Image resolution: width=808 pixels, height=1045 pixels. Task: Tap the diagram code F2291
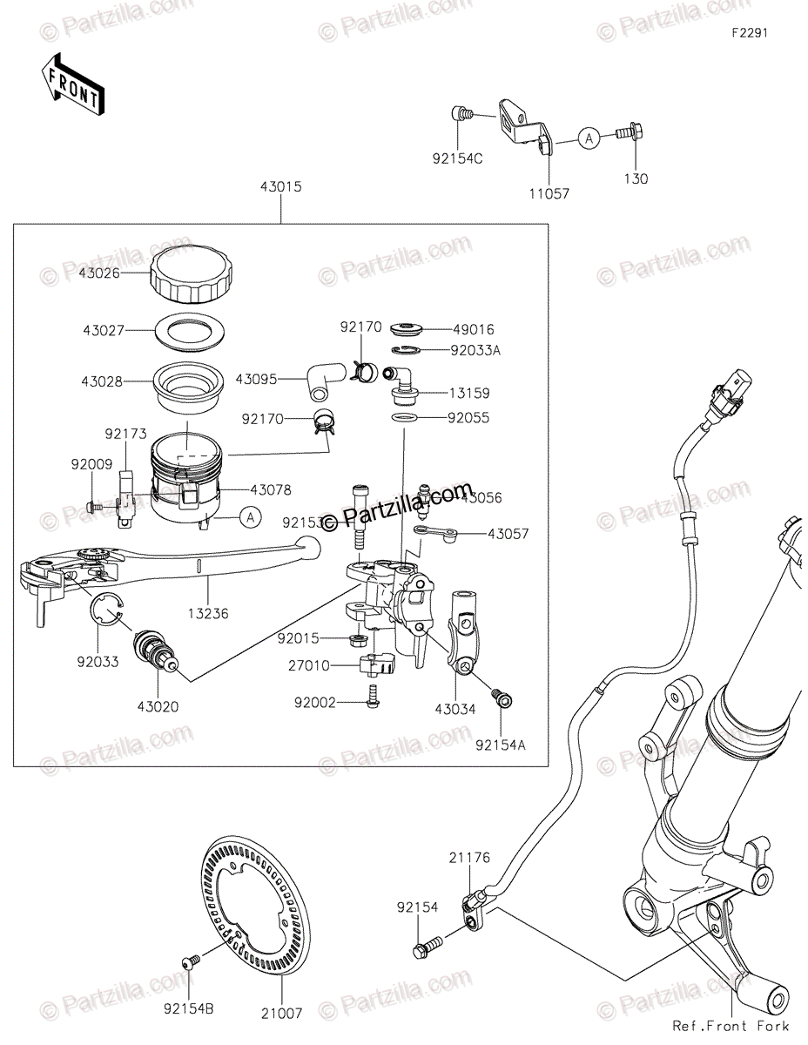coord(749,34)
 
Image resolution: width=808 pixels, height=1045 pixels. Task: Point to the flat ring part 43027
coord(190,331)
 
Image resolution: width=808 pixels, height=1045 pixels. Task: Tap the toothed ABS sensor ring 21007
coord(252,906)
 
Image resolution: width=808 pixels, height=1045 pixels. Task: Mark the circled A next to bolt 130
coord(589,138)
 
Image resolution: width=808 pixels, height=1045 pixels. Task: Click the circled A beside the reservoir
coord(250,517)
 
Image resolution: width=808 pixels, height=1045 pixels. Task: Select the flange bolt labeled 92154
coord(427,944)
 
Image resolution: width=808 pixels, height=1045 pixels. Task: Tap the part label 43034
coord(454,710)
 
